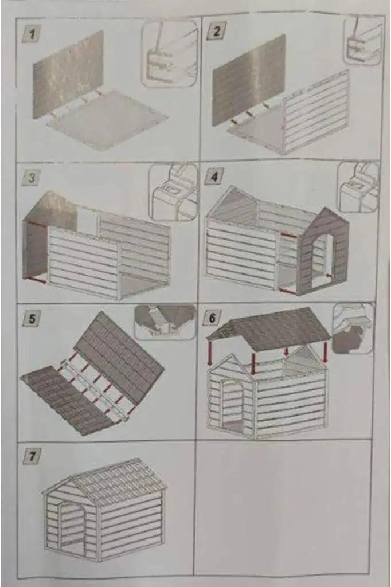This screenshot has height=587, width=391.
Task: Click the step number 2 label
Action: tap(216, 32)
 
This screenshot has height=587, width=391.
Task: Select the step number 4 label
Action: tap(214, 177)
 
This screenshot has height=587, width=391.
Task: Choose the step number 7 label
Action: tap(32, 456)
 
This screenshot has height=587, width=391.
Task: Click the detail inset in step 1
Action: tap(170, 53)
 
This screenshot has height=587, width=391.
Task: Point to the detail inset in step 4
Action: tap(358, 187)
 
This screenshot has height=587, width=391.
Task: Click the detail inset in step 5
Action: tap(165, 321)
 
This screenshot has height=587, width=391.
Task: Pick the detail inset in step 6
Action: tap(353, 328)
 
